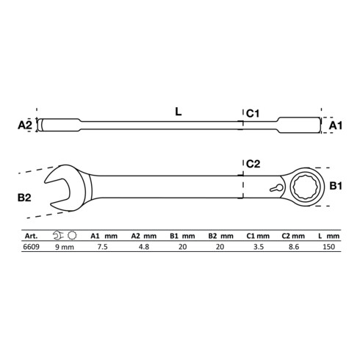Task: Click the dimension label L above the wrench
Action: click(x=179, y=112)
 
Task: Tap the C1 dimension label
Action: click(x=253, y=114)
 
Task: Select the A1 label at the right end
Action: click(x=335, y=126)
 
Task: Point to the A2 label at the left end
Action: click(x=25, y=125)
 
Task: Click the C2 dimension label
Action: click(x=253, y=164)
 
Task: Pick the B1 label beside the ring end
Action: click(x=336, y=186)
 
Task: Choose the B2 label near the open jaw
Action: click(x=24, y=198)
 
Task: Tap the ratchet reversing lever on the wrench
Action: click(x=276, y=188)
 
